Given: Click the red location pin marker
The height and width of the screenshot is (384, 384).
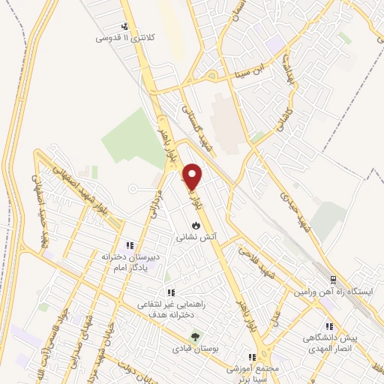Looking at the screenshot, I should [x=192, y=176].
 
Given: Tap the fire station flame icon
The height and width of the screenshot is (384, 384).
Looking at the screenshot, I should [x=196, y=224].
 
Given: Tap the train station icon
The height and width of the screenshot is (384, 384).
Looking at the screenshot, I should [x=333, y=280].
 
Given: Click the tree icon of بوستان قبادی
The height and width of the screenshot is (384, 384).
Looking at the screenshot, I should [x=196, y=337].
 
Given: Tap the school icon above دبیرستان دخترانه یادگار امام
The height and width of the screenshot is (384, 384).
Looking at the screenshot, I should [x=129, y=244].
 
